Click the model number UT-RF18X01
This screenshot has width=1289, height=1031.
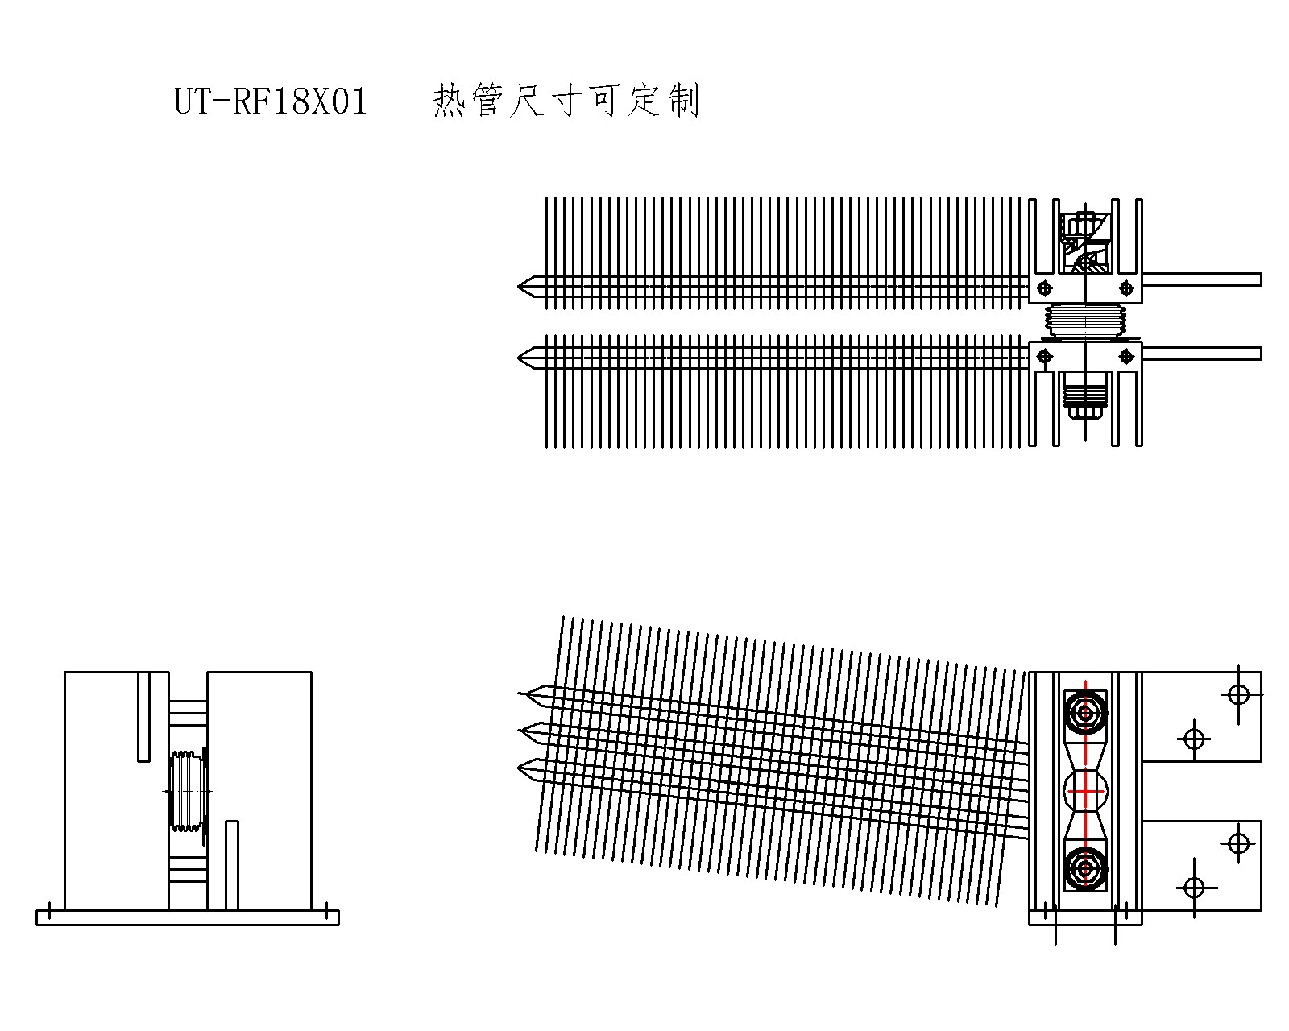coord(271,102)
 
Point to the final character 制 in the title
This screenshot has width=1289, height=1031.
coord(683,101)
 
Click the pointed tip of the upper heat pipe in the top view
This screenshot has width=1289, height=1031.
coord(523,286)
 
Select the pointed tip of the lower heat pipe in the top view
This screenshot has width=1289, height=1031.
coord(523,356)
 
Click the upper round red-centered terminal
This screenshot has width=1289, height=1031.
coord(1085,713)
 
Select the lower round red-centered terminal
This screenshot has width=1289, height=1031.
coord(1085,868)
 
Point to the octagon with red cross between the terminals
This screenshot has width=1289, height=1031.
coord(1085,792)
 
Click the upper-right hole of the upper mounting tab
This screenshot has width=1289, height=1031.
coord(1238,694)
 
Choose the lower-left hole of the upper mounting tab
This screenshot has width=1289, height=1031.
coord(1194,738)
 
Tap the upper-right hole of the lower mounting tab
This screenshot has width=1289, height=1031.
coord(1238,843)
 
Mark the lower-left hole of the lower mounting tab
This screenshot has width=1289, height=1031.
coord(1194,888)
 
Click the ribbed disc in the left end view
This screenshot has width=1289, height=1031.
coord(187,792)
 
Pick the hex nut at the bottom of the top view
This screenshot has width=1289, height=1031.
coord(1084,412)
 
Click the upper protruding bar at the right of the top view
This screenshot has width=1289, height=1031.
coord(1201,279)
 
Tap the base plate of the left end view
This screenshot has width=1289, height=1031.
coord(188,917)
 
